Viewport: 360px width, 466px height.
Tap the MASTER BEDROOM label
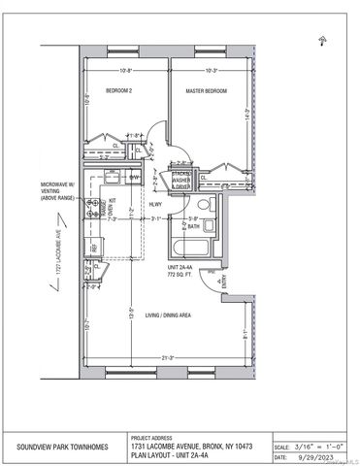tap(207, 90)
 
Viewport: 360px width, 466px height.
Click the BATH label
tap(194, 226)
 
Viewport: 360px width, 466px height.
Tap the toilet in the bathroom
tap(202, 204)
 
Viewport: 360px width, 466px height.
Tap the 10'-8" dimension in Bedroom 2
tap(126, 69)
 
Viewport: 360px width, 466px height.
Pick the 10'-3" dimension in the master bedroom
tap(211, 69)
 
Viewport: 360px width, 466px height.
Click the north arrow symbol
tap(321, 40)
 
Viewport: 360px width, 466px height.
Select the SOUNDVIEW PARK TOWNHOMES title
tap(62, 448)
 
